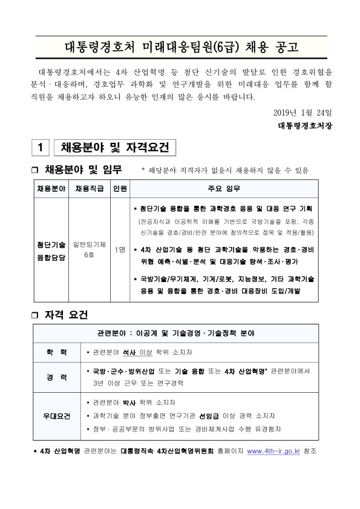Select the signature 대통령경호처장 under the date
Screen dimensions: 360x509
[306, 126]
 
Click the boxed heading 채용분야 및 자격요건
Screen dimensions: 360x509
[114, 148]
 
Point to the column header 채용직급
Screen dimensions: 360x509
[90, 188]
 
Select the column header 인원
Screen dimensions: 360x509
[119, 188]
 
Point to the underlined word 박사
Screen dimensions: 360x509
[129, 403]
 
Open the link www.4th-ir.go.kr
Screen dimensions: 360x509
[274, 452]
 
